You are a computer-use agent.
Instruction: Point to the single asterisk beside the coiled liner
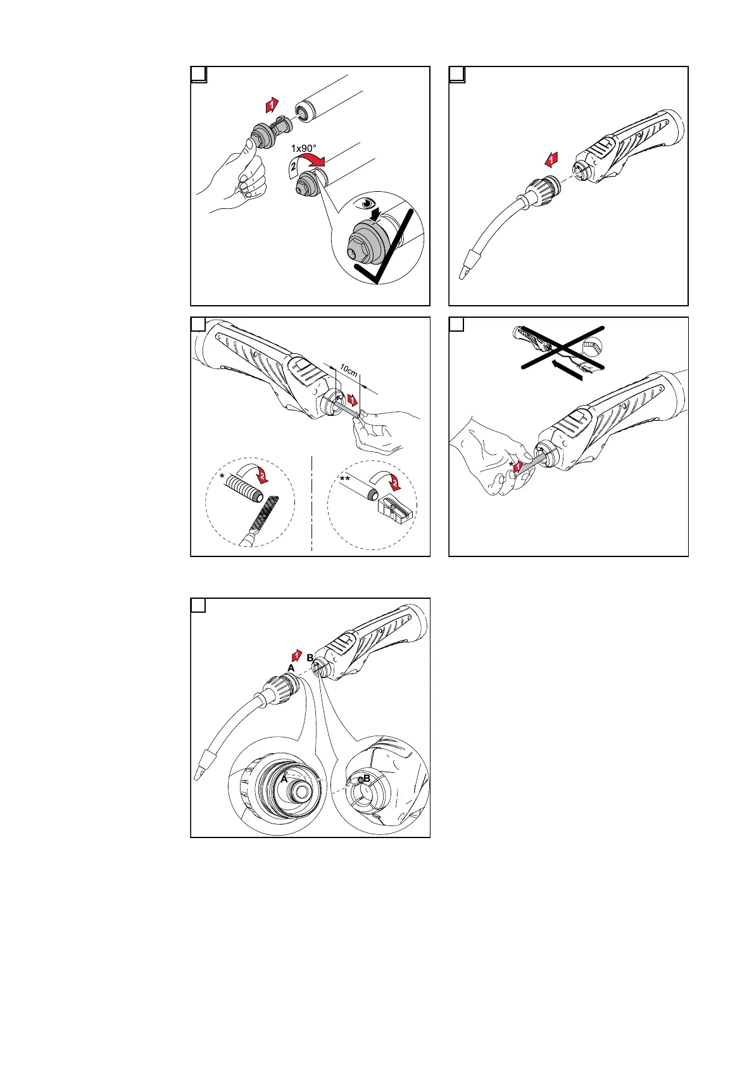pyautogui.click(x=223, y=474)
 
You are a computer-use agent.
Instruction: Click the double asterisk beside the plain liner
pyautogui.click(x=345, y=481)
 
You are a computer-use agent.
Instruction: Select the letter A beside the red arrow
pyautogui.click(x=291, y=668)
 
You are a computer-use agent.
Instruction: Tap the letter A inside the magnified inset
pyautogui.click(x=284, y=780)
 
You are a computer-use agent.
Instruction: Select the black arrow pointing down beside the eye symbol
pyautogui.click(x=377, y=216)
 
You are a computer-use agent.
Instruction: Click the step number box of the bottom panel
pyautogui.click(x=198, y=606)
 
